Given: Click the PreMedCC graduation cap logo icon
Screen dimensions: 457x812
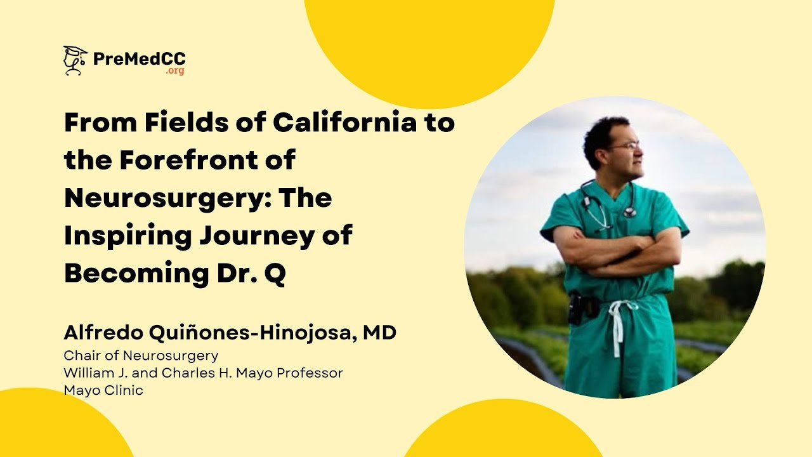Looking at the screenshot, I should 75,61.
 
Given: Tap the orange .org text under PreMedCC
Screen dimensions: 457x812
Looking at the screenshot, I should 175,71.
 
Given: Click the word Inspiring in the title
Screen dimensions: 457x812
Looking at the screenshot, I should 127,236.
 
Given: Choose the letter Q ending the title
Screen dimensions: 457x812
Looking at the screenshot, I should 275,274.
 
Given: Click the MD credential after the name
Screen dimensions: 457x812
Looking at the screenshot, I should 379,332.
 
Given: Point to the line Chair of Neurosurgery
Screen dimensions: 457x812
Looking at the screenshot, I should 141,355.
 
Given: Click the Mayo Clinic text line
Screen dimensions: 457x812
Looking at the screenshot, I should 103,390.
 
